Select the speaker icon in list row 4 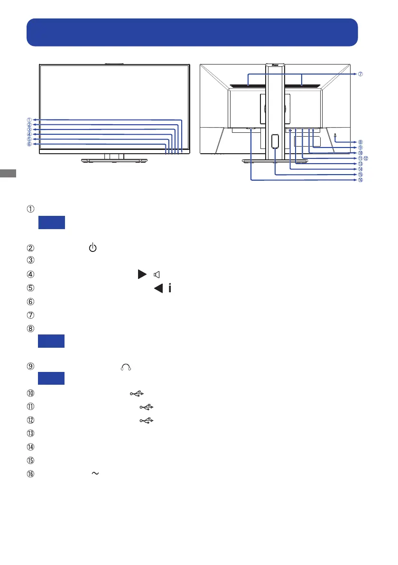pyautogui.click(x=157, y=274)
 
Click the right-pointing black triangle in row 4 pyautogui.click(x=141, y=274)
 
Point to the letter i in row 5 pyautogui.click(x=169, y=287)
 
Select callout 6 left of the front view pyautogui.click(x=29, y=145)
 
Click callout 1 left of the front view pyautogui.click(x=29, y=120)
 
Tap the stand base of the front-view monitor pyautogui.click(x=114, y=161)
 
